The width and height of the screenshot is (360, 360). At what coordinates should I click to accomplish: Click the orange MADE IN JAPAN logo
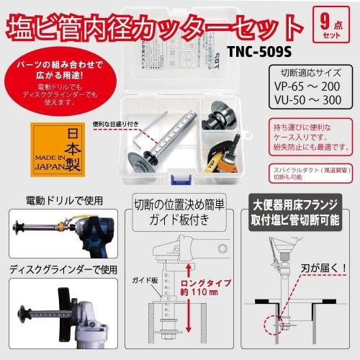coord(58,149)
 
